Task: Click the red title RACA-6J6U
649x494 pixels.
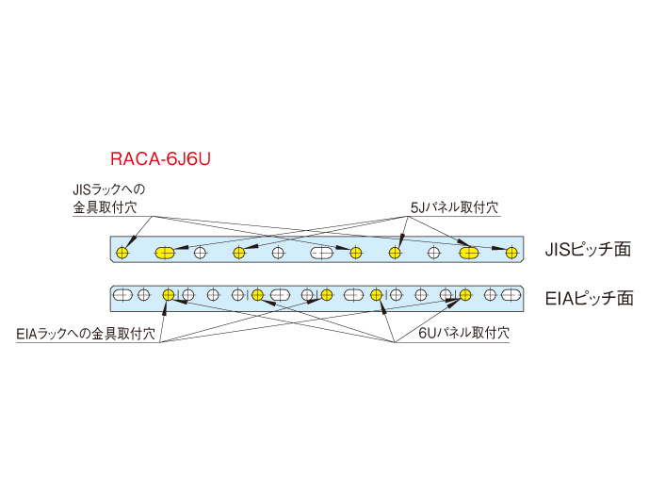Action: [159, 159]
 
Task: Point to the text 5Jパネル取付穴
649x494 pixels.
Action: [453, 206]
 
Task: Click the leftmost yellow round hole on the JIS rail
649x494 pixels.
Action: [122, 252]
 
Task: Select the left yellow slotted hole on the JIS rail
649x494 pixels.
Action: [166, 252]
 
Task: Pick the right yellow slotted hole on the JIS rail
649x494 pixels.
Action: [469, 252]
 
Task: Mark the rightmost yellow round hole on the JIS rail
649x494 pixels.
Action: [511, 252]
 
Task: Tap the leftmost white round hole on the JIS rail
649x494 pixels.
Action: [200, 252]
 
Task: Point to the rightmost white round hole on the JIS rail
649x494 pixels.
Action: [433, 252]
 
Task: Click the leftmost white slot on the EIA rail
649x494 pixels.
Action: [122, 295]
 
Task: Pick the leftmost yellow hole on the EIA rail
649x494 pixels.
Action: [168, 295]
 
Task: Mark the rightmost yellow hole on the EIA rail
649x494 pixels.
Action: [464, 295]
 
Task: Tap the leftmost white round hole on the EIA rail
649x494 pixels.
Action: [143, 295]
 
